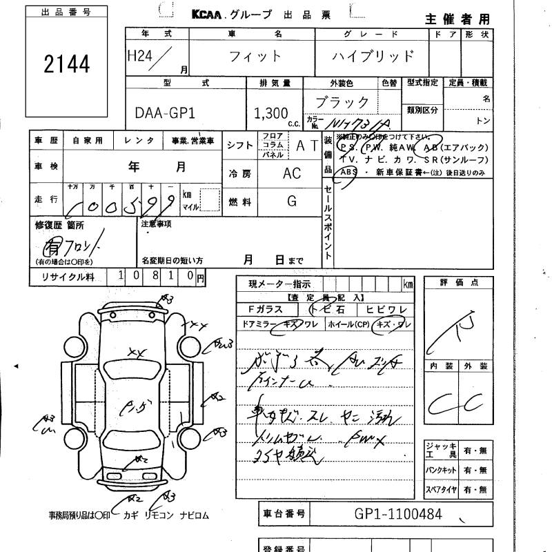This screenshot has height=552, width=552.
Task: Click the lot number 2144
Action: click(x=66, y=64)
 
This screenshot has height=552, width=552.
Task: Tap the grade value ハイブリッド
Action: click(x=373, y=57)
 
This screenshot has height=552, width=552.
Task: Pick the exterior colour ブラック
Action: click(x=342, y=102)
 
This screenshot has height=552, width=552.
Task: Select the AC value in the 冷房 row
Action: click(x=292, y=173)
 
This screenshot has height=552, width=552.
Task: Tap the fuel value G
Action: click(x=292, y=201)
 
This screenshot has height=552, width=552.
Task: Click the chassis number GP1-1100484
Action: click(x=398, y=514)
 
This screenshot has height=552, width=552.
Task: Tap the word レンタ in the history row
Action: click(x=139, y=141)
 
